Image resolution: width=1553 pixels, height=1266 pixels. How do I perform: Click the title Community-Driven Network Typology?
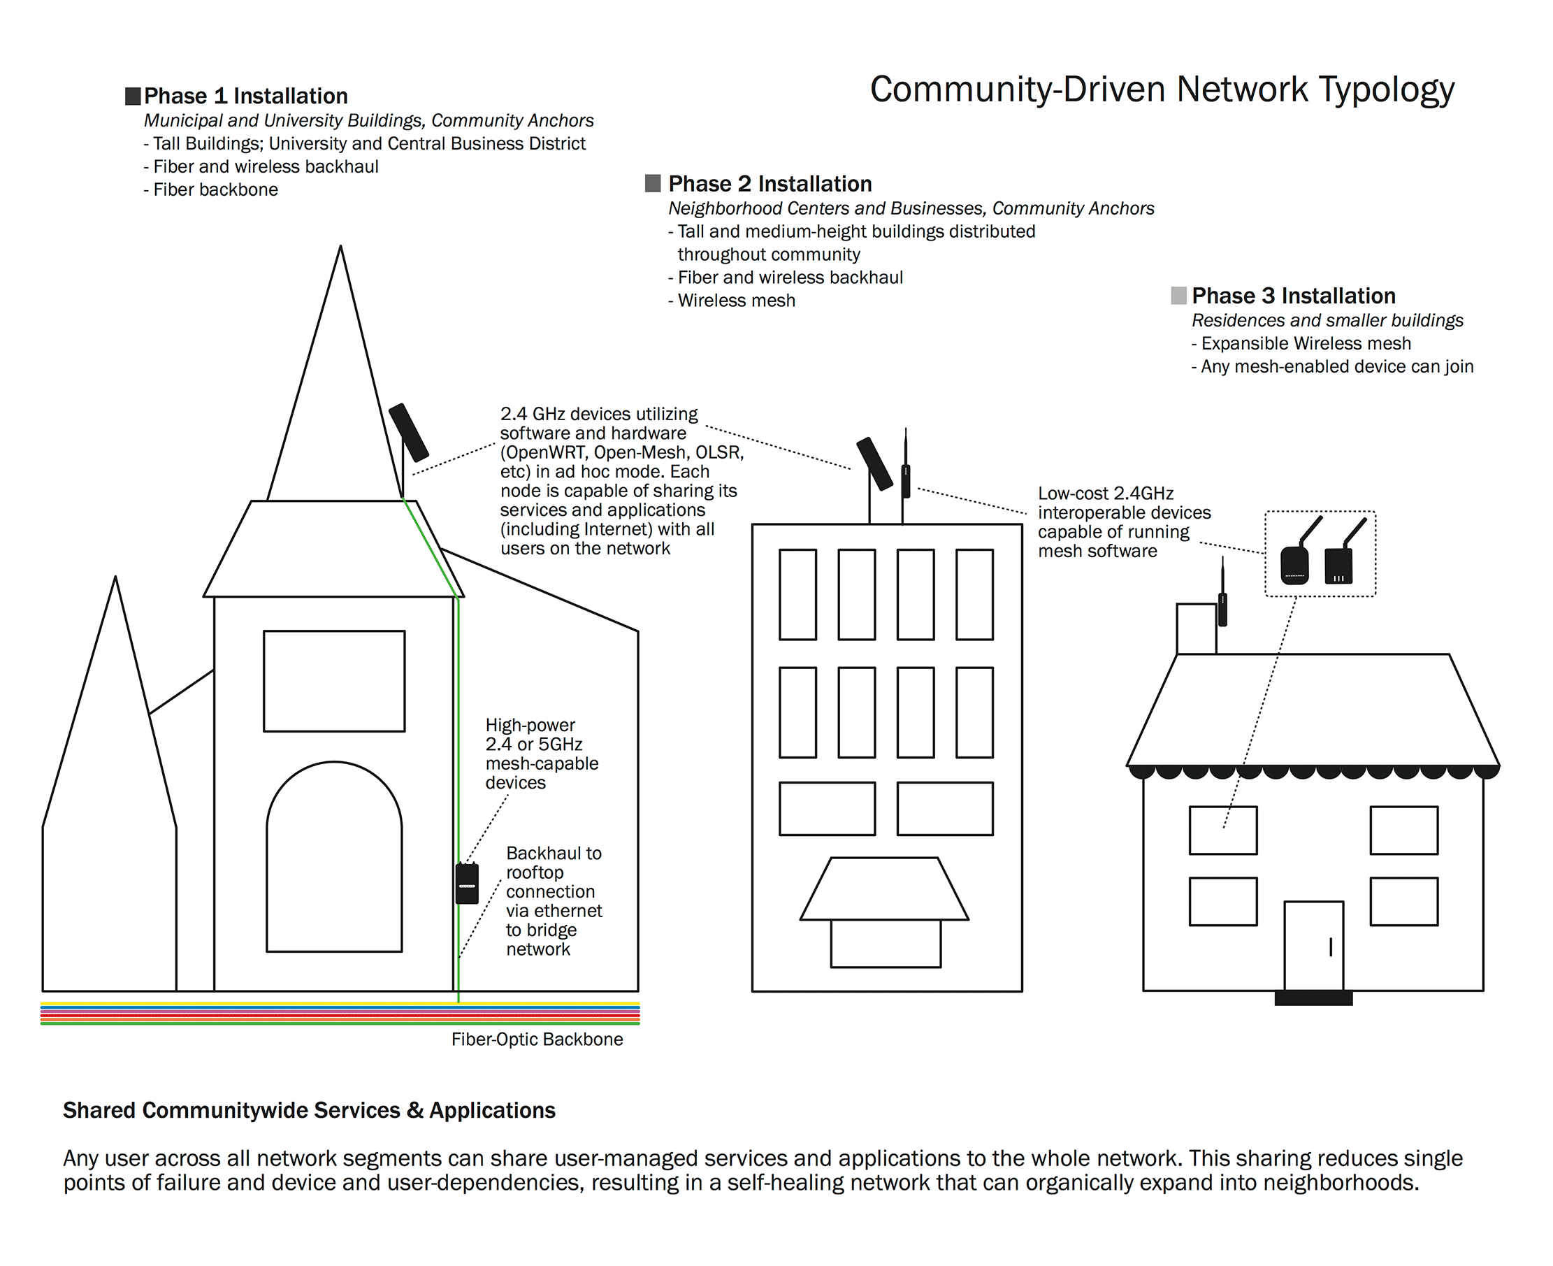point(1162,89)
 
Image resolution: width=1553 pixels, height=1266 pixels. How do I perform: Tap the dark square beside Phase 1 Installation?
point(133,96)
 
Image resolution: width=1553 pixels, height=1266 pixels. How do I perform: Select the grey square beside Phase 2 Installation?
point(653,183)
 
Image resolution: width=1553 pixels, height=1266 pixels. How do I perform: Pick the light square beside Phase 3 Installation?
point(1178,295)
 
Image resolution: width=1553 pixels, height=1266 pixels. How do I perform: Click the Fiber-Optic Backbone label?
point(537,1040)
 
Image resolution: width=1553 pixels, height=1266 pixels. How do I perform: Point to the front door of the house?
point(1313,946)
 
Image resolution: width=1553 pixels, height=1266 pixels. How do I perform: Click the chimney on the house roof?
point(1196,628)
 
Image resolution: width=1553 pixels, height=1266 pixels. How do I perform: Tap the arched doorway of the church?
point(334,861)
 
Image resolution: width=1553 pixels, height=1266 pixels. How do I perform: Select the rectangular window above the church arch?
point(334,680)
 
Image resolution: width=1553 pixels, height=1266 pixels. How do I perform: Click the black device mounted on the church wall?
point(467,883)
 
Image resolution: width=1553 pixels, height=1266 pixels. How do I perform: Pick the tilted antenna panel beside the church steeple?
point(408,433)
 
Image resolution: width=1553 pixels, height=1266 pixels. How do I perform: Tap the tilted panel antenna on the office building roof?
point(874,463)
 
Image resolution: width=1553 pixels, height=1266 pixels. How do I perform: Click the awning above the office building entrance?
point(883,889)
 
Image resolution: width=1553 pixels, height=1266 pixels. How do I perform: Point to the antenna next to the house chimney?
point(1222,598)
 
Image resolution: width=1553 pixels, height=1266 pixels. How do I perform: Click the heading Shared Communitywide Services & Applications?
point(309,1110)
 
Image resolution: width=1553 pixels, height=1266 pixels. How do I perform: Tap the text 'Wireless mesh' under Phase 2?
point(736,301)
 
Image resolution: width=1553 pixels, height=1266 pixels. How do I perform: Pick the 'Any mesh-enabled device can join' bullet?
point(1336,366)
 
